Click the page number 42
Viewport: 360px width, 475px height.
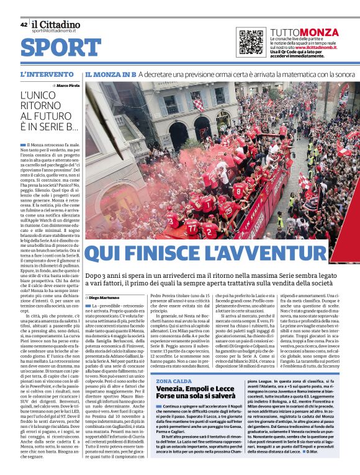click(x=24, y=25)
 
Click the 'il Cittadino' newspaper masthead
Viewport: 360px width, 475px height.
click(x=56, y=25)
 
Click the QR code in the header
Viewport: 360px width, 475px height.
click(x=251, y=42)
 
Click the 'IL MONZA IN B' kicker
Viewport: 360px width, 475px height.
click(x=110, y=74)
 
